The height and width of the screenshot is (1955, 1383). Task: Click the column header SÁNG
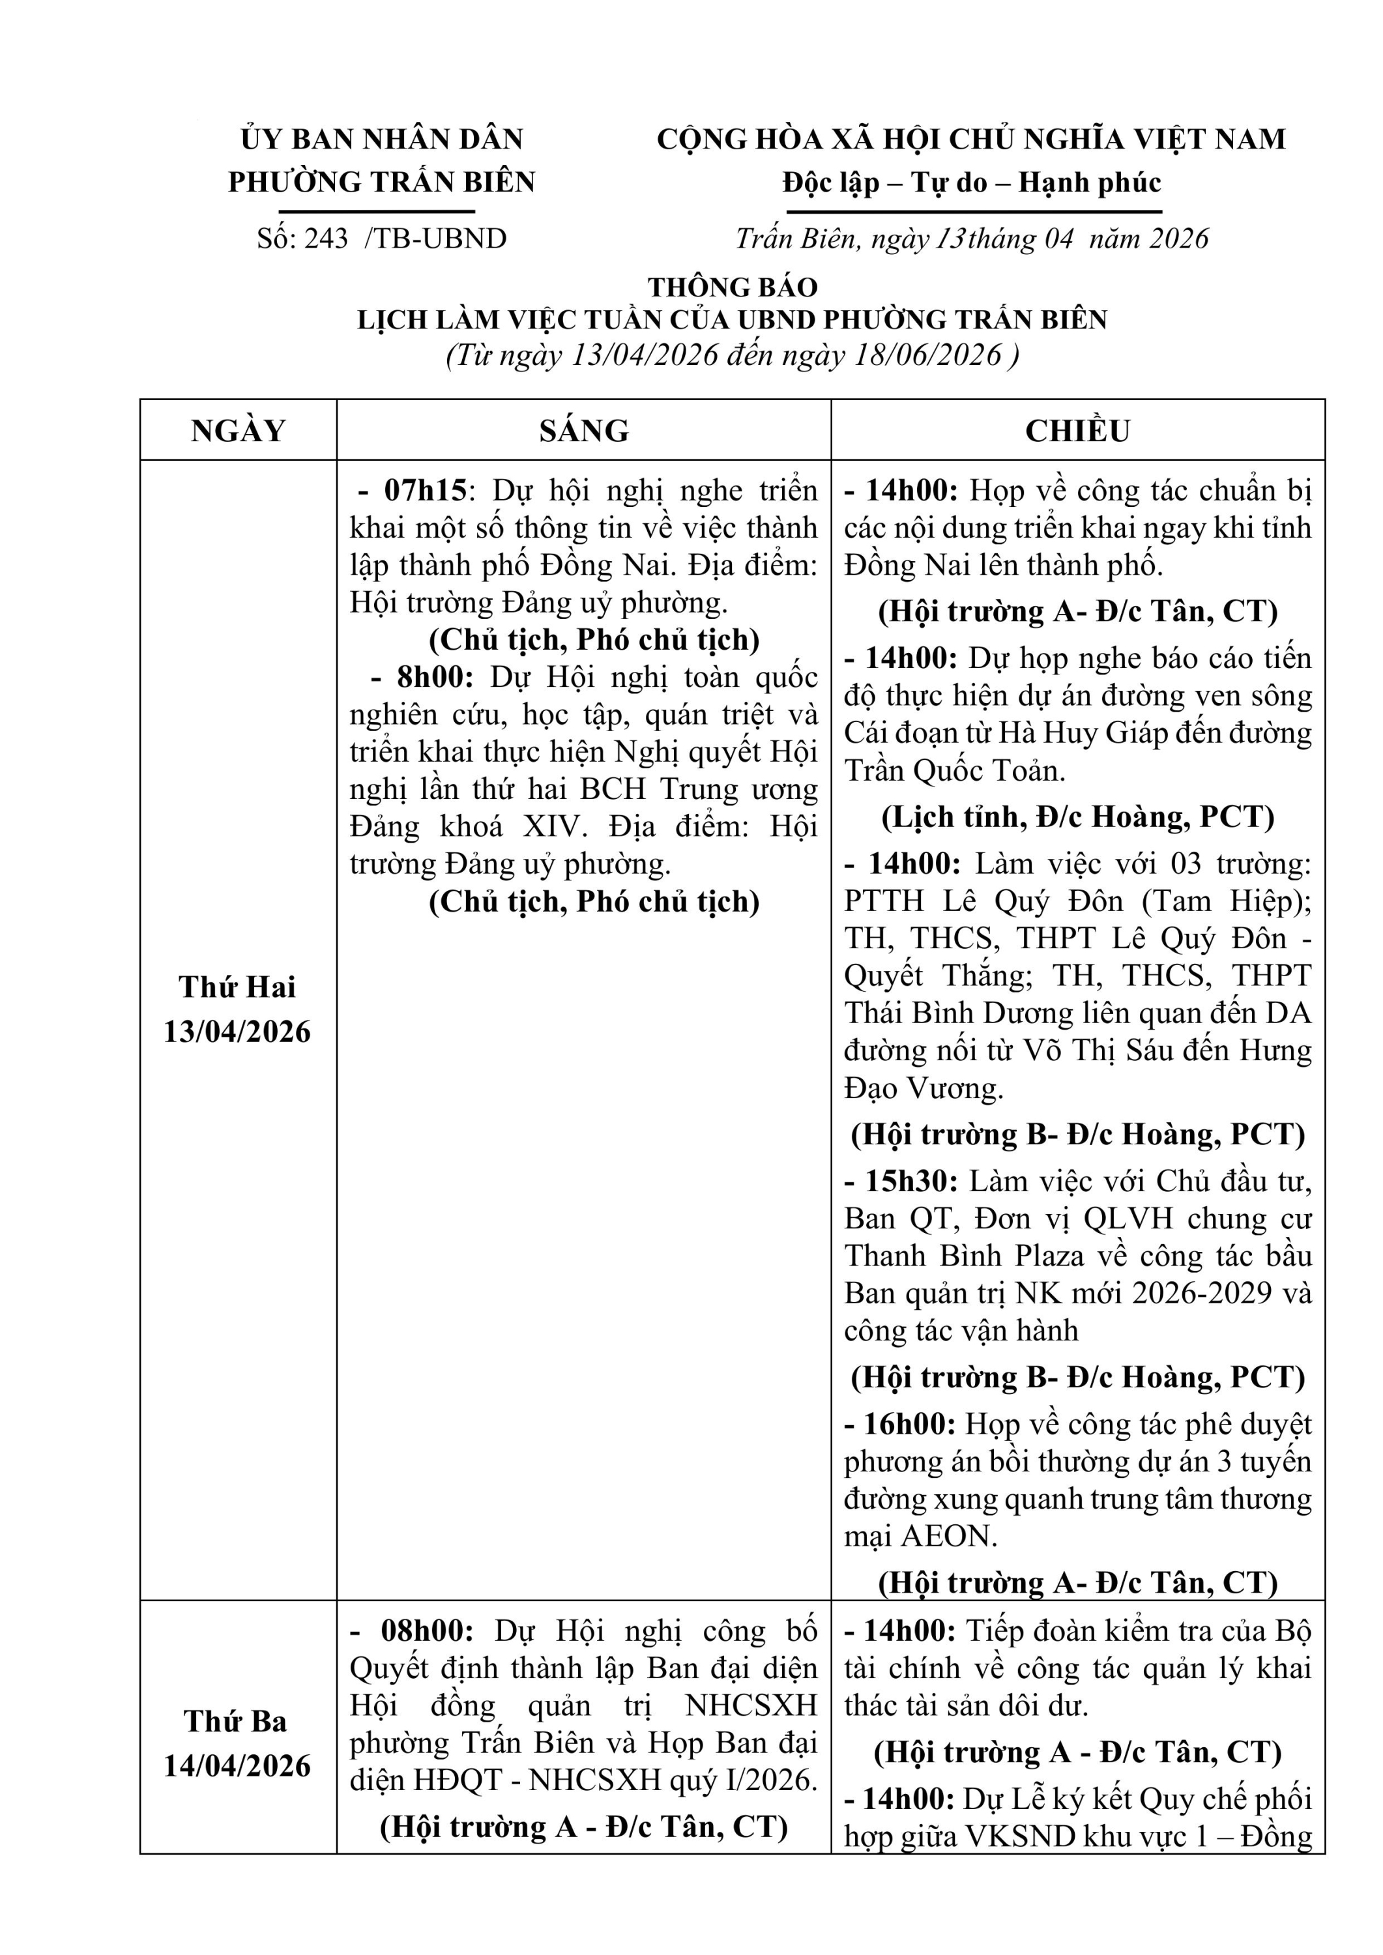(x=583, y=431)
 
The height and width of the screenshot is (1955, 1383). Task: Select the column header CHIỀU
(x=1077, y=431)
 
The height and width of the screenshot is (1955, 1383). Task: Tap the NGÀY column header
(x=238, y=431)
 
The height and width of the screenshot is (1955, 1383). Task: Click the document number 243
(x=325, y=239)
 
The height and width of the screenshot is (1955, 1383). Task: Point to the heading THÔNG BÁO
(x=733, y=287)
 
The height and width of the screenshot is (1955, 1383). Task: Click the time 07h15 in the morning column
(x=425, y=491)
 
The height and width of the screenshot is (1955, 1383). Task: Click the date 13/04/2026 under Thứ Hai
(x=238, y=1032)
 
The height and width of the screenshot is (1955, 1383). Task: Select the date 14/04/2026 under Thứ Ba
(x=238, y=1766)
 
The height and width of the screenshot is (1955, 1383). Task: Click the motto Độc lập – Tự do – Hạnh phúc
(x=972, y=182)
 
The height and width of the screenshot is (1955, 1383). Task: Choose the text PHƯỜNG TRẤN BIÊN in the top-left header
(x=381, y=182)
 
